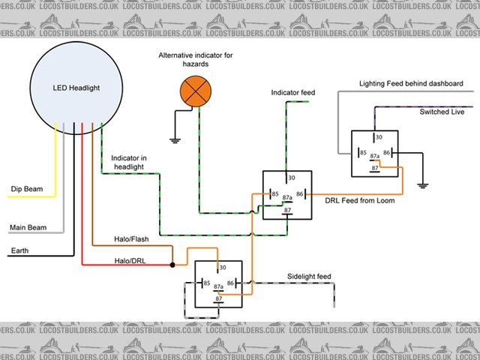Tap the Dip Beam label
tap(27, 189)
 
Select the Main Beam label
tap(28, 226)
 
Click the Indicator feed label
tap(293, 93)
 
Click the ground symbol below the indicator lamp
tap(174, 138)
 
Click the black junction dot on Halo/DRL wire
tap(172, 265)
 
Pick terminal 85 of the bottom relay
tap(205, 283)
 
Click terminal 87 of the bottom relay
tap(219, 299)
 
